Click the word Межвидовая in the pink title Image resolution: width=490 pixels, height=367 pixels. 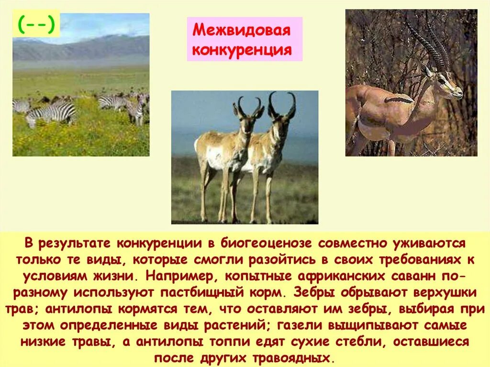click(x=241, y=31)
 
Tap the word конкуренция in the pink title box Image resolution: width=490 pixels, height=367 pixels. click(x=242, y=50)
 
